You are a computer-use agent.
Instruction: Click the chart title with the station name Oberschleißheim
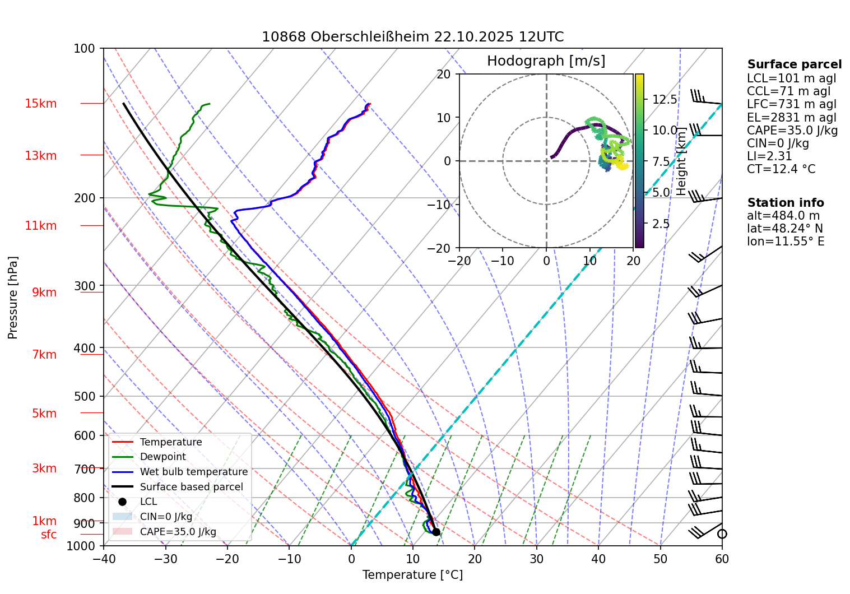[412, 37]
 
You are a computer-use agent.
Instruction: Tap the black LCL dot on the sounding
[436, 532]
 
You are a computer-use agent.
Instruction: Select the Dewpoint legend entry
[162, 457]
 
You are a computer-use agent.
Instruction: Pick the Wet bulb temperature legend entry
[193, 472]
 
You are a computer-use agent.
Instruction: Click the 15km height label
[40, 104]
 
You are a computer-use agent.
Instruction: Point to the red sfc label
[49, 535]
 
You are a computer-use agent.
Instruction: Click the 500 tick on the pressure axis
[85, 396]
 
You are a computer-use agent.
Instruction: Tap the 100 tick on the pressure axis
[85, 49]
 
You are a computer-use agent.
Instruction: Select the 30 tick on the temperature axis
[536, 559]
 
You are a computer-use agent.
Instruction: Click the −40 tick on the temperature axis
[103, 559]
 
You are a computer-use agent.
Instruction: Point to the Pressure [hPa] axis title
[13, 298]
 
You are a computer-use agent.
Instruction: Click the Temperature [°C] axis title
[412, 575]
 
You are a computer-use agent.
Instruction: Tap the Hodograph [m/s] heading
[546, 61]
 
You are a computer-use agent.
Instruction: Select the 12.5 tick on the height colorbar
[665, 100]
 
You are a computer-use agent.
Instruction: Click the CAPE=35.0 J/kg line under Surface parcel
[792, 131]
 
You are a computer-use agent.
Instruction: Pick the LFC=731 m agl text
[791, 104]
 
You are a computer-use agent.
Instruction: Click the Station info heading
[785, 203]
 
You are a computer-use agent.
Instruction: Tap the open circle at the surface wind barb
[722, 534]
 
